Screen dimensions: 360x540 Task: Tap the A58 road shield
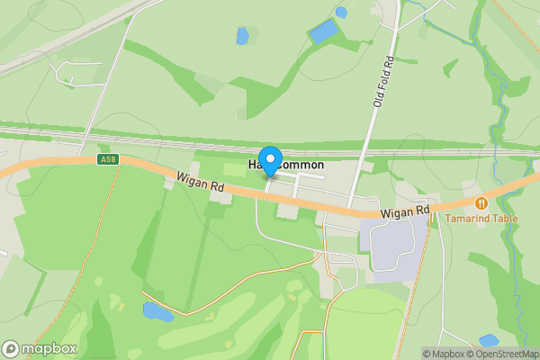(x=107, y=160)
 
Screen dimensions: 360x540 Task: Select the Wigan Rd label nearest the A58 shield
(x=200, y=182)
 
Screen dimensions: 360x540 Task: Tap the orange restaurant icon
(x=481, y=203)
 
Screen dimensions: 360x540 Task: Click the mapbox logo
(x=40, y=348)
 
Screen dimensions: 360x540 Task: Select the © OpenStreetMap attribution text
(x=502, y=354)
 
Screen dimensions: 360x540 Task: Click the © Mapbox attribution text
(x=443, y=354)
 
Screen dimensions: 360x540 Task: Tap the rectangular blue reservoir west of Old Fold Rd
(x=323, y=31)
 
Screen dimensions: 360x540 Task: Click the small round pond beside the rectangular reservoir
(x=341, y=12)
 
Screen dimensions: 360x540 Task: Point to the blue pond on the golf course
(x=157, y=311)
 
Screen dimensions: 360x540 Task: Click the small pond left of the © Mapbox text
(x=489, y=340)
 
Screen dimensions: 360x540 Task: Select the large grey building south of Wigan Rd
(x=392, y=246)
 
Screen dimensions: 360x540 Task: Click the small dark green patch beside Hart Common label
(x=233, y=168)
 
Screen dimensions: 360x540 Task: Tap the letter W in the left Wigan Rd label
(x=181, y=177)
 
